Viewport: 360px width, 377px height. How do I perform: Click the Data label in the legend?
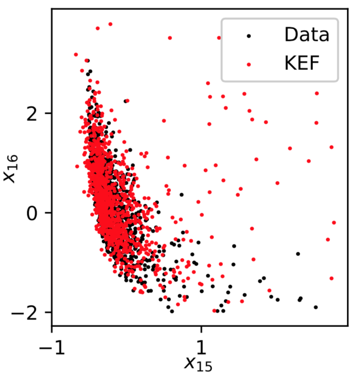tap(306, 34)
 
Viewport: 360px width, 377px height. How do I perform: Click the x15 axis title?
tap(198, 364)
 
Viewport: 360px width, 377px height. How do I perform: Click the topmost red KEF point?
tap(110, 24)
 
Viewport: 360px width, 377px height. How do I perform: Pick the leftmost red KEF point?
tap(76, 55)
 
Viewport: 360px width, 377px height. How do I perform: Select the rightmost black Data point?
tap(316, 307)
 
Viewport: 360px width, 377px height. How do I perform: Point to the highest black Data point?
tap(87, 60)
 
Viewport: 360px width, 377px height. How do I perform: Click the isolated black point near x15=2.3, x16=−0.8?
tap(298, 254)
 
